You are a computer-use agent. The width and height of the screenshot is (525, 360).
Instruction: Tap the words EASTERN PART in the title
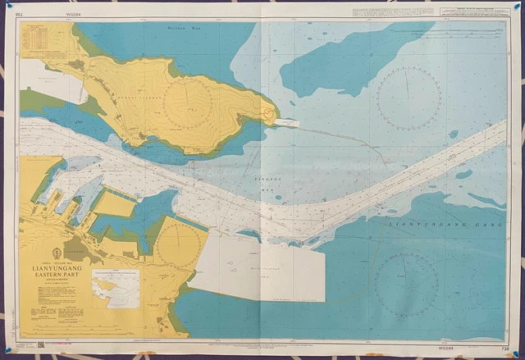(55, 274)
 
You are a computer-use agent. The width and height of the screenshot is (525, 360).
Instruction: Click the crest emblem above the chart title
(55, 251)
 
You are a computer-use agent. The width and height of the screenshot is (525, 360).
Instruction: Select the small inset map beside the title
(116, 286)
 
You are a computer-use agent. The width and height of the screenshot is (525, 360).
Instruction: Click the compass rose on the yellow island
(189, 103)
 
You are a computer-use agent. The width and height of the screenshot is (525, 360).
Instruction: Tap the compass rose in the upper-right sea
(408, 98)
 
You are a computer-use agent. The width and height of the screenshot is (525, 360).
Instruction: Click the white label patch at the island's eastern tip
(285, 123)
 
